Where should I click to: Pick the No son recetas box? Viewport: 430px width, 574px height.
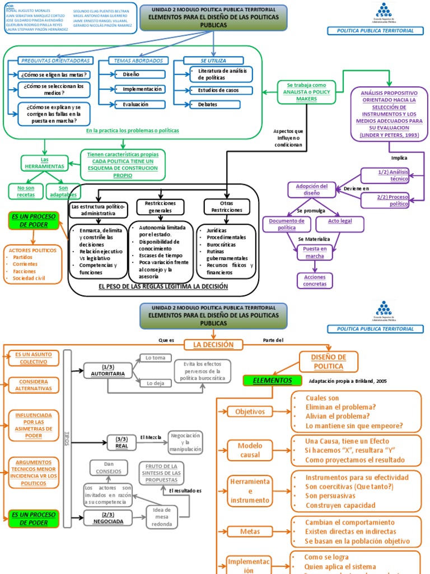coord(26,191)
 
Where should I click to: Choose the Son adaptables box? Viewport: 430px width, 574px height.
coord(63,191)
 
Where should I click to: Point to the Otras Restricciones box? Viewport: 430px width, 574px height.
coord(227,206)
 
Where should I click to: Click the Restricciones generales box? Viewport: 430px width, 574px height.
coord(161,206)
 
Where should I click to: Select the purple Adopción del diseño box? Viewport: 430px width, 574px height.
coord(312,189)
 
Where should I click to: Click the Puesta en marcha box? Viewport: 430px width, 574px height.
coord(315,252)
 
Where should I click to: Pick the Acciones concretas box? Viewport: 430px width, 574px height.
coord(315,280)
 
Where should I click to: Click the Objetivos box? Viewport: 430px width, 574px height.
coord(250,411)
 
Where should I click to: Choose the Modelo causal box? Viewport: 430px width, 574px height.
coord(250,450)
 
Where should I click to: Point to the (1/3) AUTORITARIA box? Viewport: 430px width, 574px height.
coord(108,370)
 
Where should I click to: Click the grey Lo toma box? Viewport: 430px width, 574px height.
coord(155,358)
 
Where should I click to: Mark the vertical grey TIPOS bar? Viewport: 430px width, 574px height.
coord(68,438)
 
